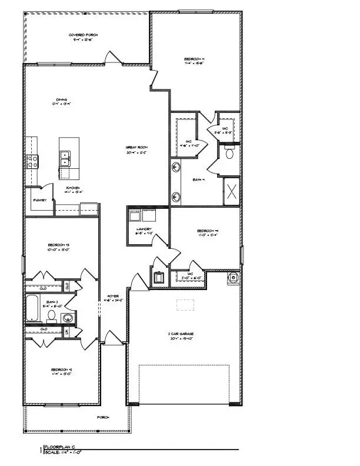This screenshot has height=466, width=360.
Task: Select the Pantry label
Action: coord(39,200)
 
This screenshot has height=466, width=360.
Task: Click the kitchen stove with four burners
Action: coord(32,159)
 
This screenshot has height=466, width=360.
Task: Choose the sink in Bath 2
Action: coord(68,318)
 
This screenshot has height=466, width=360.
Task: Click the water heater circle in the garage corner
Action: coord(233,277)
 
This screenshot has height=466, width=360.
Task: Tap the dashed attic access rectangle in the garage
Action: coord(186,305)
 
